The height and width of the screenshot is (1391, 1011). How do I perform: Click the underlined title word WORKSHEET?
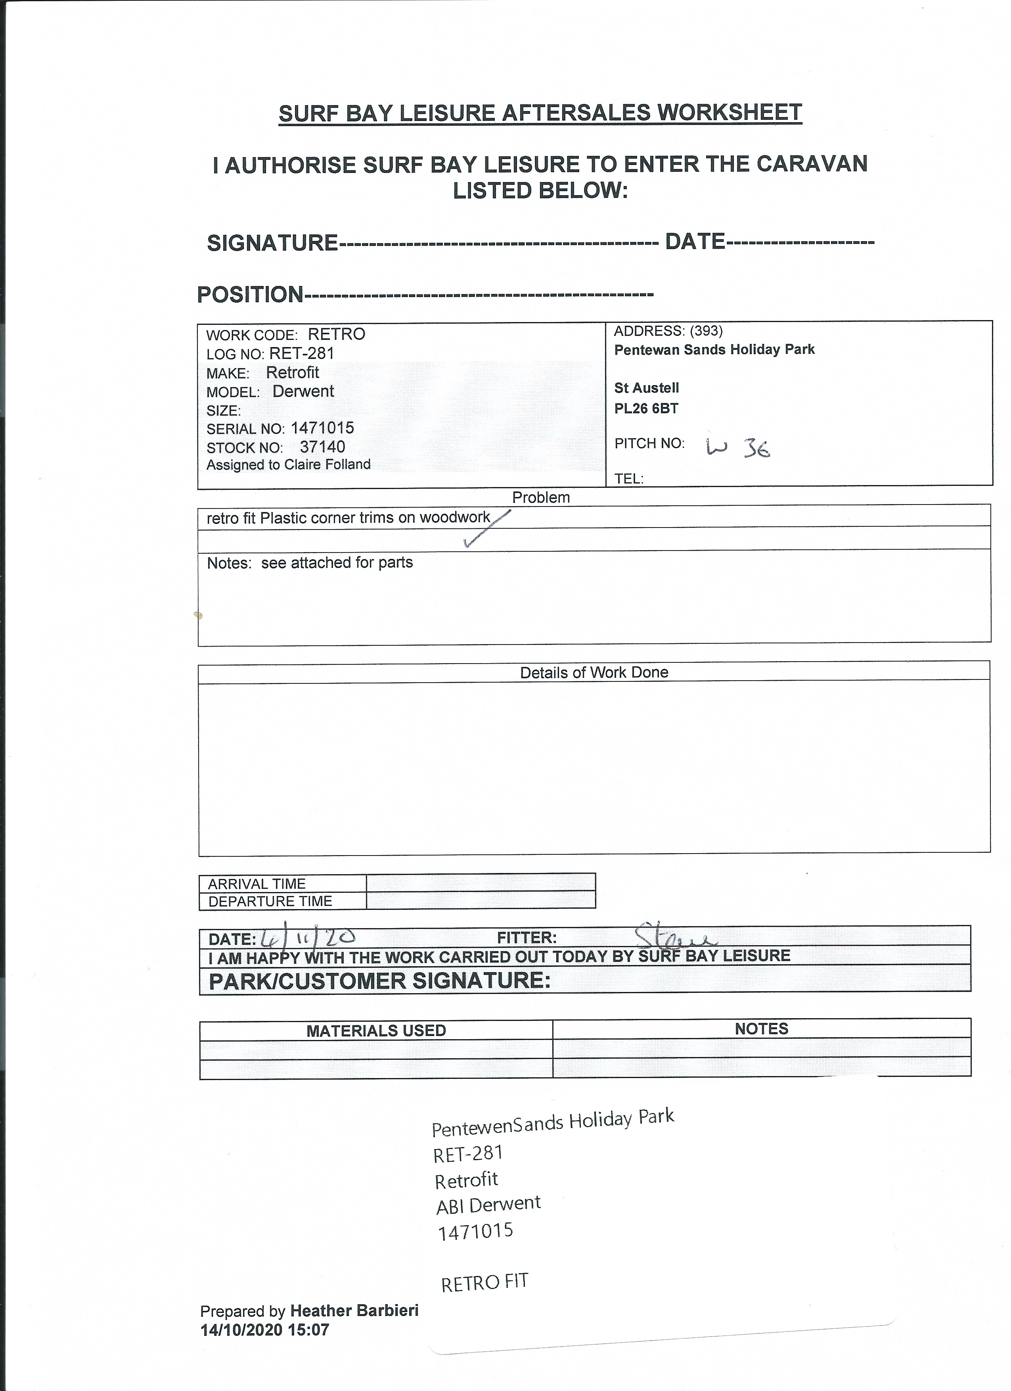729,113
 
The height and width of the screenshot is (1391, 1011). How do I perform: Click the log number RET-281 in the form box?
302,353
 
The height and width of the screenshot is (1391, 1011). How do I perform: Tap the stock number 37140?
322,447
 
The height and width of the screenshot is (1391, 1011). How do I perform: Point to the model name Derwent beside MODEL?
303,391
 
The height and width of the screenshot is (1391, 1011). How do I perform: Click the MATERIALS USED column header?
376,1030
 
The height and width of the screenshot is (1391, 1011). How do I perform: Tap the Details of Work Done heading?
594,672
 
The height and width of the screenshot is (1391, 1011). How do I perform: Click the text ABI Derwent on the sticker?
488,1204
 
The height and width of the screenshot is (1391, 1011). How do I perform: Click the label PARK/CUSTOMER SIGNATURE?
379,981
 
